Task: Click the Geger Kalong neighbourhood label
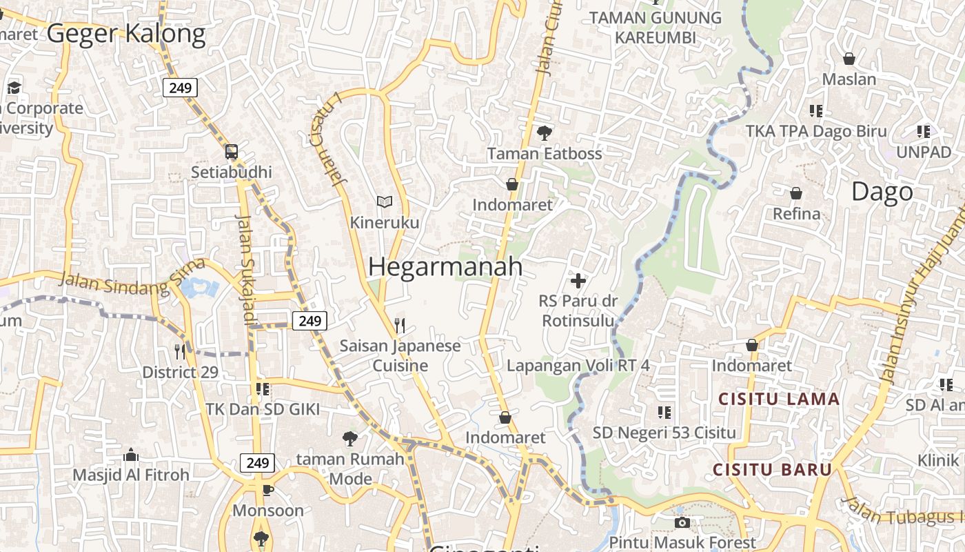click(126, 33)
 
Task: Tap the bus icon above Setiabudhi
click(232, 152)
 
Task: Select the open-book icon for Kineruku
click(385, 201)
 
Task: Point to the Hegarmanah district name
click(445, 267)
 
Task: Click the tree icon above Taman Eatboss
click(545, 132)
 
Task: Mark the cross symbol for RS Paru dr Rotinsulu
click(578, 281)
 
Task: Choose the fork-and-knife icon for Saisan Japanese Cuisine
click(400, 325)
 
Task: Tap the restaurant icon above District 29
click(180, 352)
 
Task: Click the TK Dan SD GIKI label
click(263, 409)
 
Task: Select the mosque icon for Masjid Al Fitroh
click(131, 455)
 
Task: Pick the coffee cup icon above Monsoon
click(268, 490)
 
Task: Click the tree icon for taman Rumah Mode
click(350, 438)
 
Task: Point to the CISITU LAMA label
click(779, 399)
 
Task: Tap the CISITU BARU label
click(772, 470)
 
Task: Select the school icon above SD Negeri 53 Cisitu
click(664, 413)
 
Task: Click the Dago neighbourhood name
click(882, 192)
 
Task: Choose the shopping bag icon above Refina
click(796, 193)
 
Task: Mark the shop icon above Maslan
click(849, 59)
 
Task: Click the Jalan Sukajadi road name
click(246, 269)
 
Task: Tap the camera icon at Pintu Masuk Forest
click(682, 523)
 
